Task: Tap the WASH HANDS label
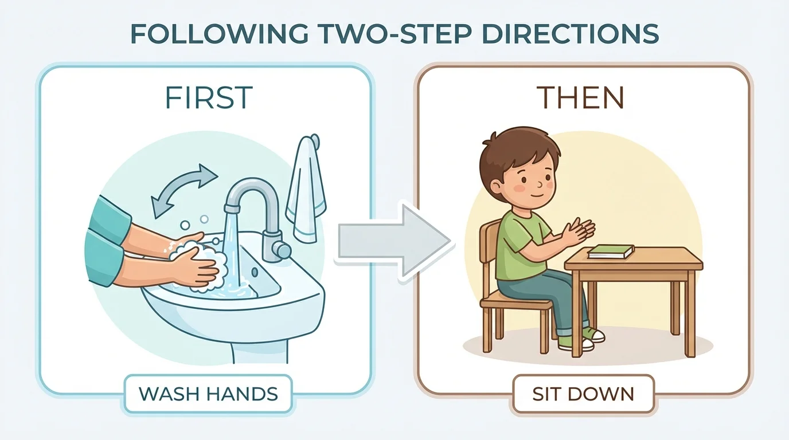tap(208, 394)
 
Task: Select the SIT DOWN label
tap(583, 394)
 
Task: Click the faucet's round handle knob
tap(282, 249)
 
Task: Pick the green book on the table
tap(611, 251)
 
